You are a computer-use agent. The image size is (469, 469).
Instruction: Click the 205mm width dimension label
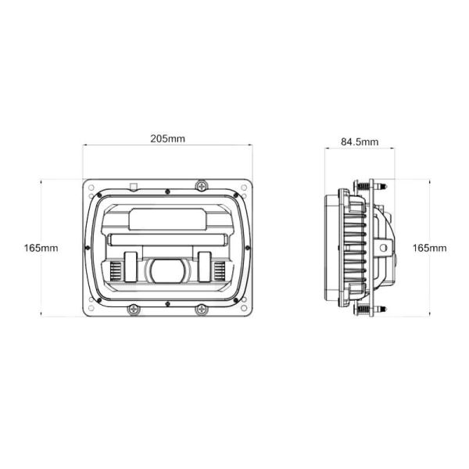point(167,139)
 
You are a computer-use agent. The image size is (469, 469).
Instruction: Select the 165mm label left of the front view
point(41,248)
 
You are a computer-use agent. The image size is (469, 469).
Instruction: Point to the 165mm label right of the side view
point(429,248)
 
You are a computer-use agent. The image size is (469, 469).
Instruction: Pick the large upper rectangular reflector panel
point(167,219)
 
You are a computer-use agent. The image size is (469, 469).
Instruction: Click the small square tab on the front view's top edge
point(133,186)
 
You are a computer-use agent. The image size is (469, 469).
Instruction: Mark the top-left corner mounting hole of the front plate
point(91,187)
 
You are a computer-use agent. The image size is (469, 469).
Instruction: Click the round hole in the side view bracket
point(384,248)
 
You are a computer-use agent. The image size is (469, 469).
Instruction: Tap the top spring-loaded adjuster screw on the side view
point(364,188)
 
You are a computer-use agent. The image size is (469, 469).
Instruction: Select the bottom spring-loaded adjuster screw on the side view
point(364,309)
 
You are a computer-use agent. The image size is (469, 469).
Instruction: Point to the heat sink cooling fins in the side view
point(353,248)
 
